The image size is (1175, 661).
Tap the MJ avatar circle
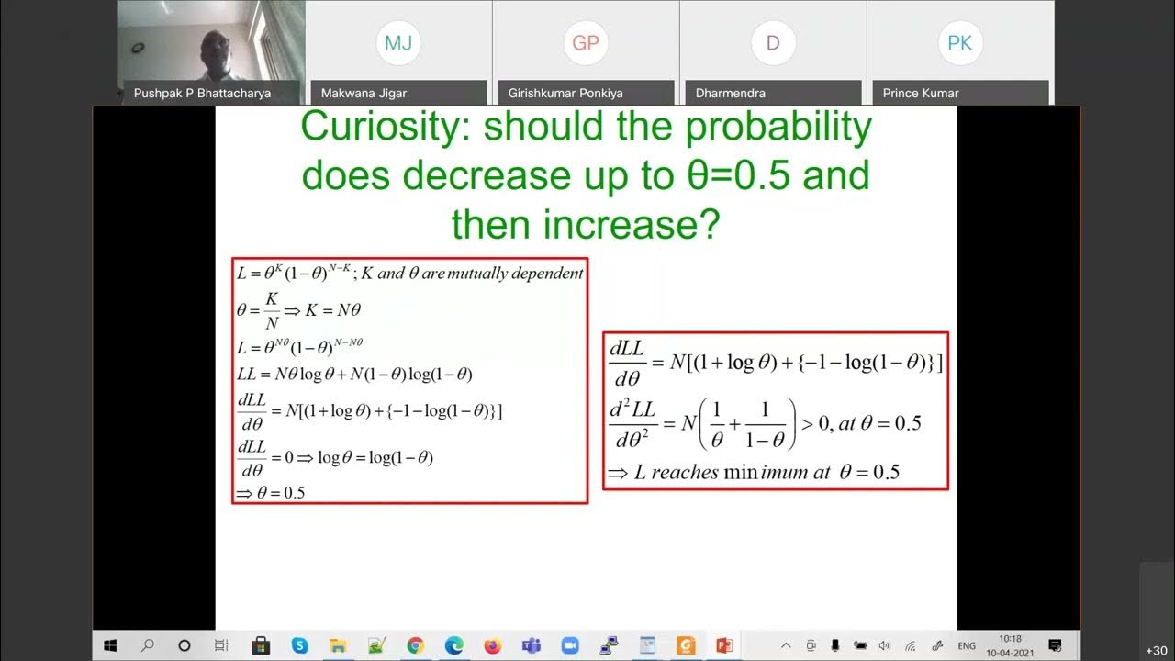(x=398, y=43)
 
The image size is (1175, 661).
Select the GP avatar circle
(x=586, y=43)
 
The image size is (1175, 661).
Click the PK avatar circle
(x=960, y=43)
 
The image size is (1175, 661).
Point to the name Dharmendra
(x=731, y=93)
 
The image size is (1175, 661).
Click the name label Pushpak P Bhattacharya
(x=202, y=93)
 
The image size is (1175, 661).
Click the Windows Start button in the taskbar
(x=110, y=645)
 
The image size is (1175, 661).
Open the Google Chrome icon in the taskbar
(x=415, y=645)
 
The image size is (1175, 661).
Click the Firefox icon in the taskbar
(x=493, y=645)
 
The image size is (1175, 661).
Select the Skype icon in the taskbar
(x=299, y=645)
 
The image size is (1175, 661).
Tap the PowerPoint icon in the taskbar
(x=725, y=645)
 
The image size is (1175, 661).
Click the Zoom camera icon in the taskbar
(x=570, y=645)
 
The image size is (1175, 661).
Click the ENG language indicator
(x=967, y=646)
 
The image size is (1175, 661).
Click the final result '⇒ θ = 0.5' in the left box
(x=271, y=493)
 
